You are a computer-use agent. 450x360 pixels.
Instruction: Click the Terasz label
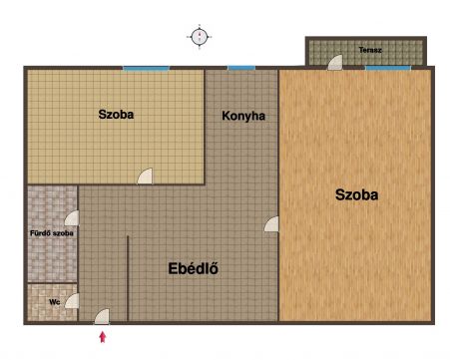[370, 50]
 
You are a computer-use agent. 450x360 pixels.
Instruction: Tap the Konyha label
[243, 116]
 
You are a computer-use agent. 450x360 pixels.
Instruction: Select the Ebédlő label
[194, 268]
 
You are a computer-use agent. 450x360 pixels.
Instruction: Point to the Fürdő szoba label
[52, 233]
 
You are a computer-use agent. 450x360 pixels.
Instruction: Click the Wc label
[55, 302]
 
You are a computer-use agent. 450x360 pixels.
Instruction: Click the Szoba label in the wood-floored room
[356, 194]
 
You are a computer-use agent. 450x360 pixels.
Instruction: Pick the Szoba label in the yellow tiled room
[116, 115]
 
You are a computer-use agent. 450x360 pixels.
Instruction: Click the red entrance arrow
[103, 337]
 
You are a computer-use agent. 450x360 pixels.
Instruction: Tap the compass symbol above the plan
[200, 37]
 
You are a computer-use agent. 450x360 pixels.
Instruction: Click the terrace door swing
[335, 63]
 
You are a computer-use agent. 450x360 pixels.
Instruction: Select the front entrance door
[102, 317]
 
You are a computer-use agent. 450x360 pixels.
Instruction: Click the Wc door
[72, 301]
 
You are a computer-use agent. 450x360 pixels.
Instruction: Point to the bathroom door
[72, 218]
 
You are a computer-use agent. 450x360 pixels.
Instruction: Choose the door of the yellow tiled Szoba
[145, 177]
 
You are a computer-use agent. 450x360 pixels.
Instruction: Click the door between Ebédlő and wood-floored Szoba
[271, 224]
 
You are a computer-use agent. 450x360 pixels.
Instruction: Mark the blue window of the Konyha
[241, 68]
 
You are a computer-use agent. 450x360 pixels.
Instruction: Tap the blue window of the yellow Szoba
[146, 69]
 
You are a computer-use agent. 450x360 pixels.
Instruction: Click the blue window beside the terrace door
[388, 68]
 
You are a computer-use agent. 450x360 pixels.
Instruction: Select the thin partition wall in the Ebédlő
[128, 278]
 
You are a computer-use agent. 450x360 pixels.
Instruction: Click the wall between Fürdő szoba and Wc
[52, 283]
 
